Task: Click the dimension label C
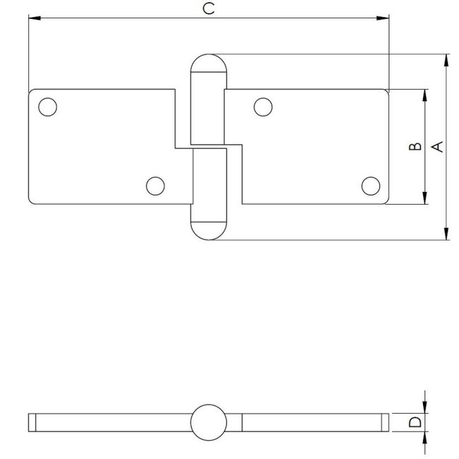click(x=207, y=8)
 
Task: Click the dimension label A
click(x=437, y=146)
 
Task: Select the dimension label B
click(x=416, y=147)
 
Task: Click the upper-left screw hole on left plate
click(x=47, y=107)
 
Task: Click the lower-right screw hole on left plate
click(x=155, y=186)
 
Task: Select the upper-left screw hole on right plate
click(x=263, y=107)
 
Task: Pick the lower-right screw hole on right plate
click(x=370, y=186)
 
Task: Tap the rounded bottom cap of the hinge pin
click(x=208, y=229)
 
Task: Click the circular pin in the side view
click(x=208, y=422)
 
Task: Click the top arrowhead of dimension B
click(x=425, y=95)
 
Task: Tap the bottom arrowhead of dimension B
click(x=425, y=199)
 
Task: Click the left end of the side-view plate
click(x=32, y=422)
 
